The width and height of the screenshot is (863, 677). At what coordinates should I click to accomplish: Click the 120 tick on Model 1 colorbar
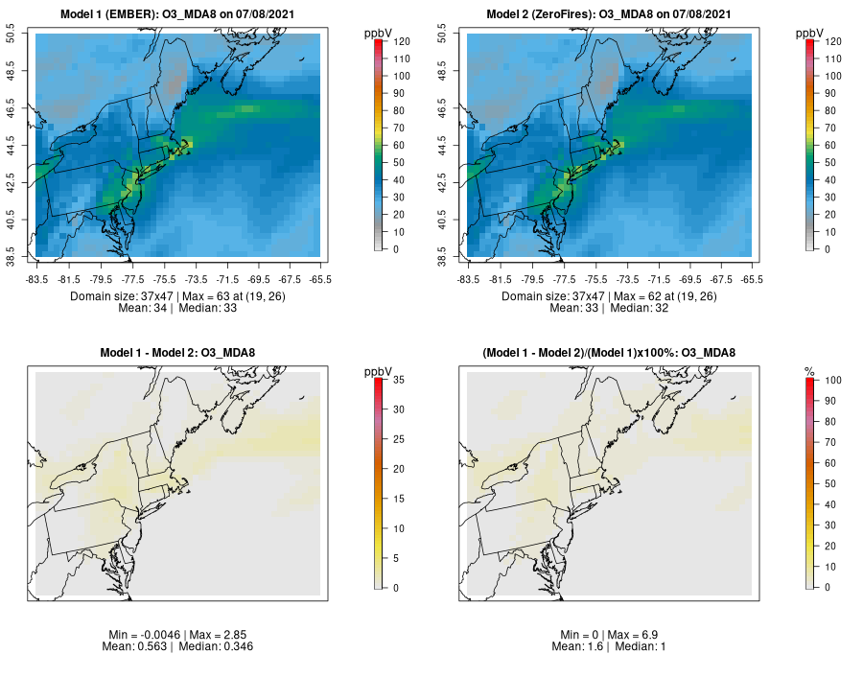[401, 41]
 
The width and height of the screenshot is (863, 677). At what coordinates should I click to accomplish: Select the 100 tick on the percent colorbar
[832, 381]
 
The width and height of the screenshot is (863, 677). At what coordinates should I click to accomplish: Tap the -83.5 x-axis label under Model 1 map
[36, 279]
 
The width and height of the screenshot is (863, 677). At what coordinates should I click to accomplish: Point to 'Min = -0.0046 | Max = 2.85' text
[177, 635]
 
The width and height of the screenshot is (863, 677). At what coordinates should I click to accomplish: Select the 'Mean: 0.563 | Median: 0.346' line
[177, 646]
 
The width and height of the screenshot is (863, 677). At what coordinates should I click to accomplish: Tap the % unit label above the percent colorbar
[809, 371]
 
